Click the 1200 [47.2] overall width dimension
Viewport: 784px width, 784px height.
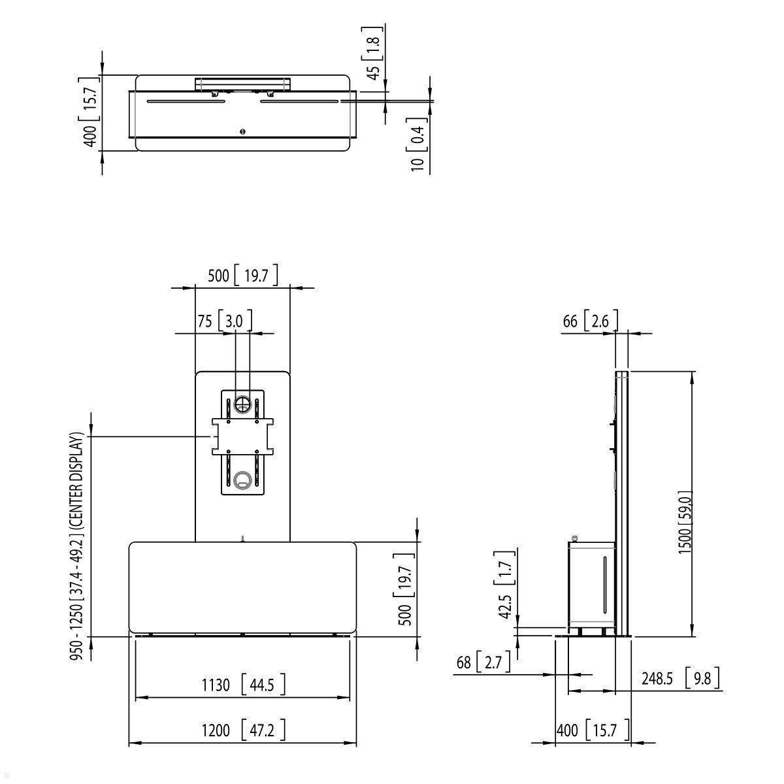pos(243,730)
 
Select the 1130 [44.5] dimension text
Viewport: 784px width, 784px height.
pos(243,685)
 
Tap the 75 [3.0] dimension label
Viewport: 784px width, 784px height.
pos(224,321)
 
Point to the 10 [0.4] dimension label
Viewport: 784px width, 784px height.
pos(419,144)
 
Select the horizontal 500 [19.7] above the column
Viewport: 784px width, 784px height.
pos(242,275)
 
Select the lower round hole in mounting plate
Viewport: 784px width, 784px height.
pos(242,480)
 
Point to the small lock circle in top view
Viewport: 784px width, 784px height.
pos(243,131)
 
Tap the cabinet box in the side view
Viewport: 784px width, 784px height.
pos(591,581)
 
